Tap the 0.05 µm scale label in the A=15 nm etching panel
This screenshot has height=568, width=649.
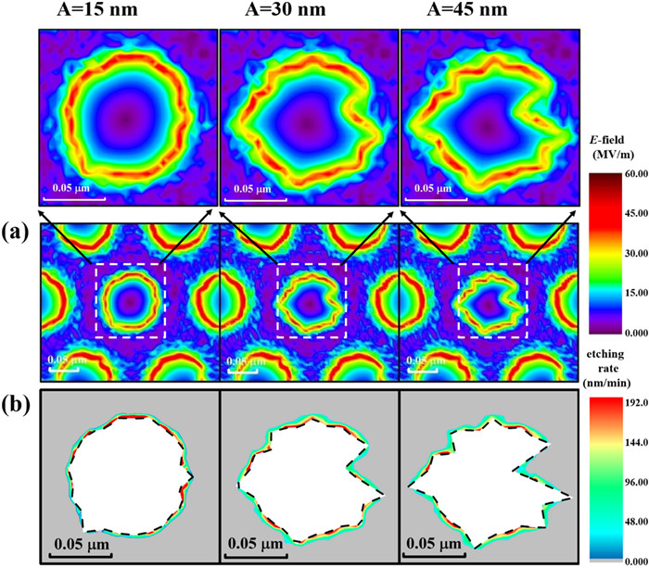tap(82, 543)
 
